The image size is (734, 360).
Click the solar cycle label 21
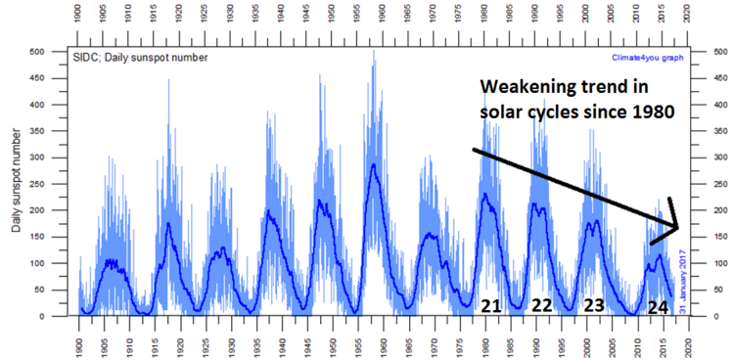(491, 306)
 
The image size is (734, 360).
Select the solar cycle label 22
(541, 306)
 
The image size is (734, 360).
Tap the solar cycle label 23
(593, 306)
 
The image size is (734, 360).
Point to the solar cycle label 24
(659, 307)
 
